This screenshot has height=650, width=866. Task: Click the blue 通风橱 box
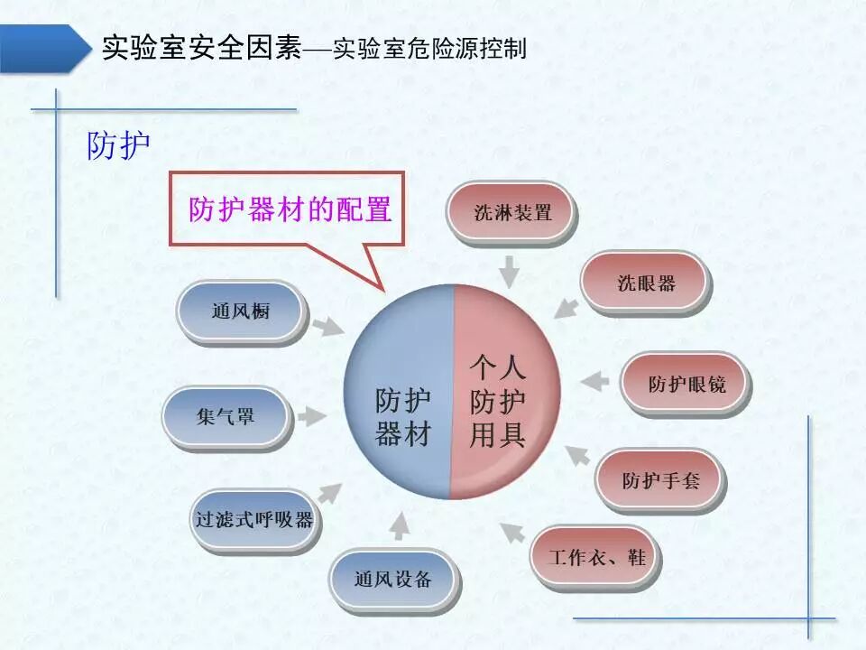[x=240, y=311]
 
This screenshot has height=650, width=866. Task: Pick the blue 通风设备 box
[x=392, y=579]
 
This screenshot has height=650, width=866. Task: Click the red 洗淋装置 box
[x=511, y=212]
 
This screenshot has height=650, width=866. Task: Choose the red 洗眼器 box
[x=646, y=283]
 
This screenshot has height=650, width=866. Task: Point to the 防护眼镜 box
[x=686, y=384]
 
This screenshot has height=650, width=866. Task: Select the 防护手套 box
[x=660, y=479]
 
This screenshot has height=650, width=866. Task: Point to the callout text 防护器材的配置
[x=290, y=209]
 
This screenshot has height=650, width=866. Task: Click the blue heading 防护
[x=118, y=145]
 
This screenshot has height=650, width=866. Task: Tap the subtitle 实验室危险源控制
[x=429, y=48]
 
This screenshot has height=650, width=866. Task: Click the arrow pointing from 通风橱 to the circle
[x=326, y=323]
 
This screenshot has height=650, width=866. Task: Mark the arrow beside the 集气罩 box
[x=311, y=416]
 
